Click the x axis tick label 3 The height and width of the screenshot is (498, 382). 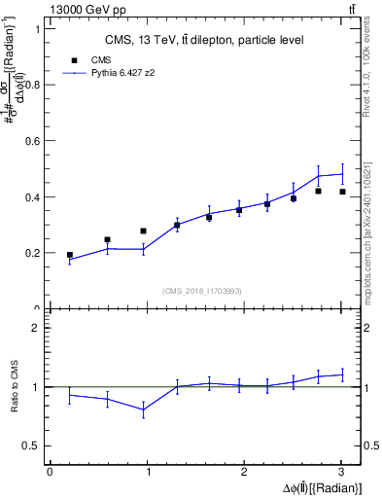[x=342, y=472]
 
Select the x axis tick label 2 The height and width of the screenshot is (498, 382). [x=245, y=472]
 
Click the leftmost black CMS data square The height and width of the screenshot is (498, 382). [x=70, y=255]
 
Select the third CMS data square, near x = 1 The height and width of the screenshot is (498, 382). [x=144, y=231]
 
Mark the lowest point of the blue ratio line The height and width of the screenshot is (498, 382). [x=144, y=410]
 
